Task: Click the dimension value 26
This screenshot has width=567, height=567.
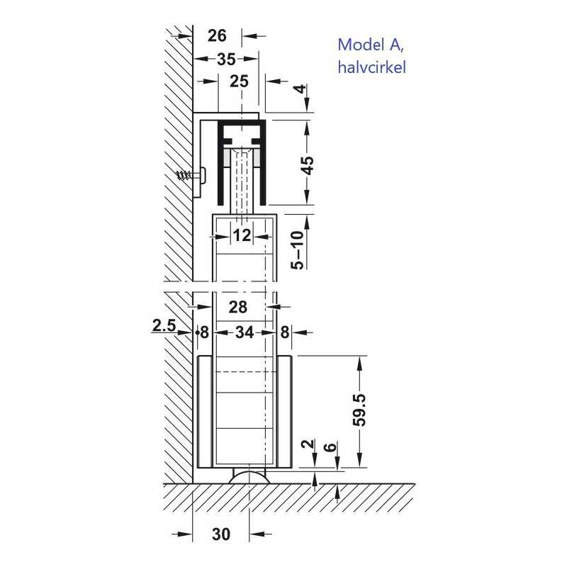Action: (x=217, y=36)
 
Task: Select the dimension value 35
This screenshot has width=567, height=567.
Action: (x=226, y=60)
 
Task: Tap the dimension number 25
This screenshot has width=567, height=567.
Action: (x=239, y=82)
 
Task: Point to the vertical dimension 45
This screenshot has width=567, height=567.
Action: (x=308, y=165)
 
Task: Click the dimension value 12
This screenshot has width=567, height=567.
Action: (x=242, y=236)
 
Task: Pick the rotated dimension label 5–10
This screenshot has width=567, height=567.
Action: (x=298, y=250)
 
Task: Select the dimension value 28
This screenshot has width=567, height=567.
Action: (x=238, y=307)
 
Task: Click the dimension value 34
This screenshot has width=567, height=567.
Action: (x=245, y=332)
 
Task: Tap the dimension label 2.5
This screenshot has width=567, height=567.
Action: (x=164, y=325)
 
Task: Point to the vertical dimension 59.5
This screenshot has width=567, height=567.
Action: (x=359, y=410)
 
